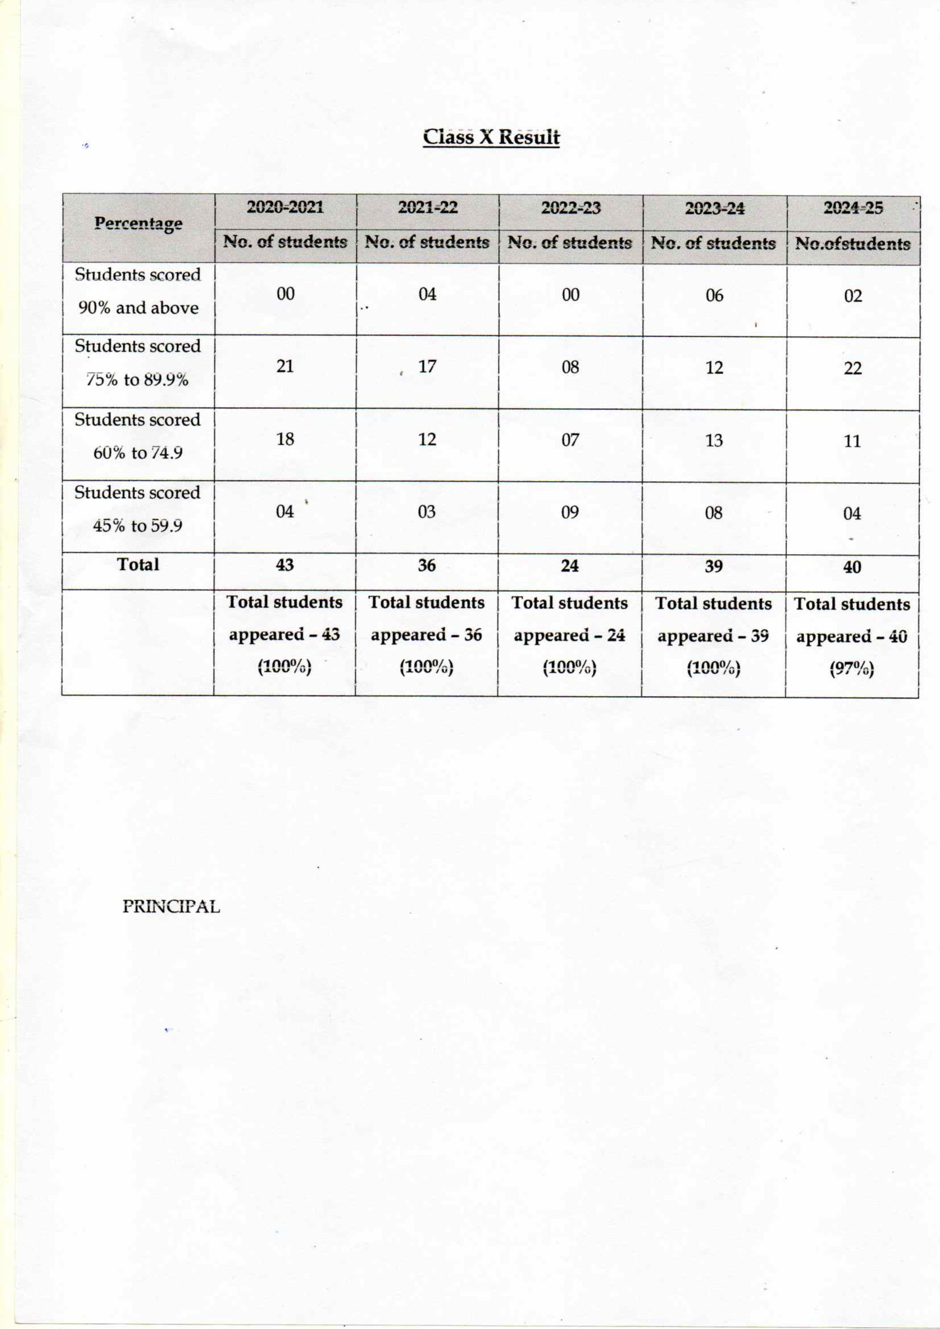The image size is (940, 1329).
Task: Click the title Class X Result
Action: point(491,137)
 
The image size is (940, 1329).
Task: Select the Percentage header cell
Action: point(138,224)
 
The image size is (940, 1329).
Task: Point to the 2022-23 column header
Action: point(570,207)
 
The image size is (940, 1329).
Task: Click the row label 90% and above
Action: point(138,308)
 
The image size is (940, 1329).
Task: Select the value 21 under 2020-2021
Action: point(285,366)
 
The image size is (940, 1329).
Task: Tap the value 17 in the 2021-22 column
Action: point(427,367)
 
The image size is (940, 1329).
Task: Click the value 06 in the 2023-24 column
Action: point(714,295)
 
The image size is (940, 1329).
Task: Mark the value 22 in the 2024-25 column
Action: point(852,368)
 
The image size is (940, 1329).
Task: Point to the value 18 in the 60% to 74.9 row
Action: point(285,439)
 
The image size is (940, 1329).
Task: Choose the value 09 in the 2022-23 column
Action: point(570,512)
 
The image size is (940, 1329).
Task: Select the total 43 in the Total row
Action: point(285,565)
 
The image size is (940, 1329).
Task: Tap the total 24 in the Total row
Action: point(570,565)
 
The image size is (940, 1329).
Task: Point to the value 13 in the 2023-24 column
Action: point(714,441)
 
